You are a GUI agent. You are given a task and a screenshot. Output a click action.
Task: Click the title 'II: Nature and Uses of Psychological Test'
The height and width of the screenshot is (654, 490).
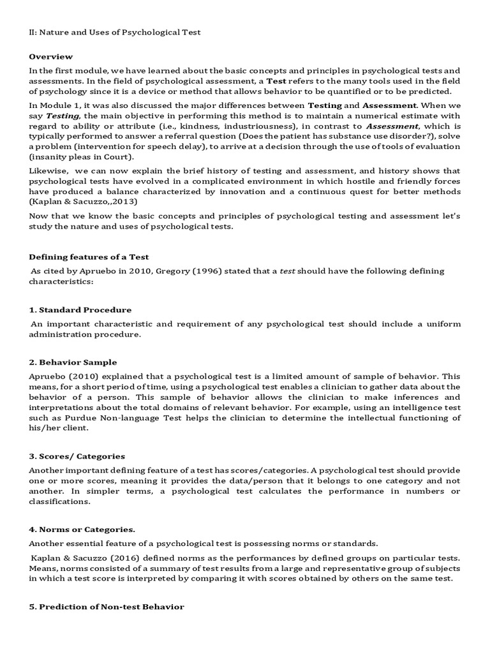(115, 32)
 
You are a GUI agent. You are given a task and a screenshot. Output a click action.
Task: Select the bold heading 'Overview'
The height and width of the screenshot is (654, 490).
(51, 57)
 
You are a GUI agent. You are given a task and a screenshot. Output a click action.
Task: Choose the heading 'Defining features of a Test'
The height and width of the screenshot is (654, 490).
(89, 257)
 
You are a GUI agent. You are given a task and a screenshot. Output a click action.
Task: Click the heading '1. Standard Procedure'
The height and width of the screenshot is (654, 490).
(80, 310)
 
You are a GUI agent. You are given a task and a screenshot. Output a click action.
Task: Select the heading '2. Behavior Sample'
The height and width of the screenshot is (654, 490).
(73, 362)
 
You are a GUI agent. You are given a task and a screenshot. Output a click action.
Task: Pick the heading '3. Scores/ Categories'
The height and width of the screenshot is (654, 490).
(77, 456)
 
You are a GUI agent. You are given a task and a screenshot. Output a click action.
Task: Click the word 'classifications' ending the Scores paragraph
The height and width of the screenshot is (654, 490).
(59, 501)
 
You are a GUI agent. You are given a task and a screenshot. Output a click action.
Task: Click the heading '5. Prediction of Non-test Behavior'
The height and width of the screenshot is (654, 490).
(107, 607)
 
